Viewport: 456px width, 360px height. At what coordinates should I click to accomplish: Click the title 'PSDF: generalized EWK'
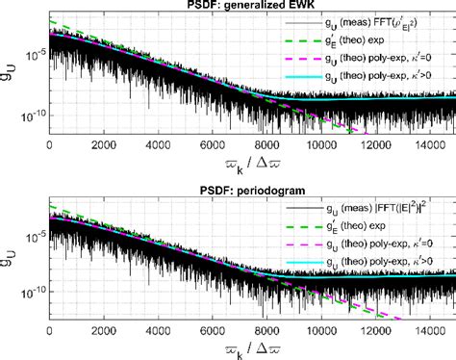click(x=252, y=8)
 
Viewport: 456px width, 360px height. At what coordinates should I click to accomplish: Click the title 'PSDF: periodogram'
click(x=252, y=189)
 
